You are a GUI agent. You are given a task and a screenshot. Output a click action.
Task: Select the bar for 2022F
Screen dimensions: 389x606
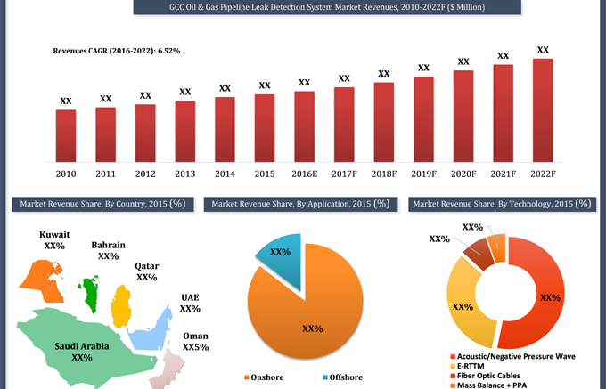[543, 110]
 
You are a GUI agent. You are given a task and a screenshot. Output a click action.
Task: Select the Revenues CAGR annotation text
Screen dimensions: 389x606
[118, 51]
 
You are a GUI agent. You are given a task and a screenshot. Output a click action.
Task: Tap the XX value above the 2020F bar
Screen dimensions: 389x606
[463, 61]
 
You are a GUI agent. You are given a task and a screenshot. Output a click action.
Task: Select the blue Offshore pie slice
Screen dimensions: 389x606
[277, 258]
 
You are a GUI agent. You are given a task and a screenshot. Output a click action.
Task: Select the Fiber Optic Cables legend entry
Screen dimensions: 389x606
[493, 375]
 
